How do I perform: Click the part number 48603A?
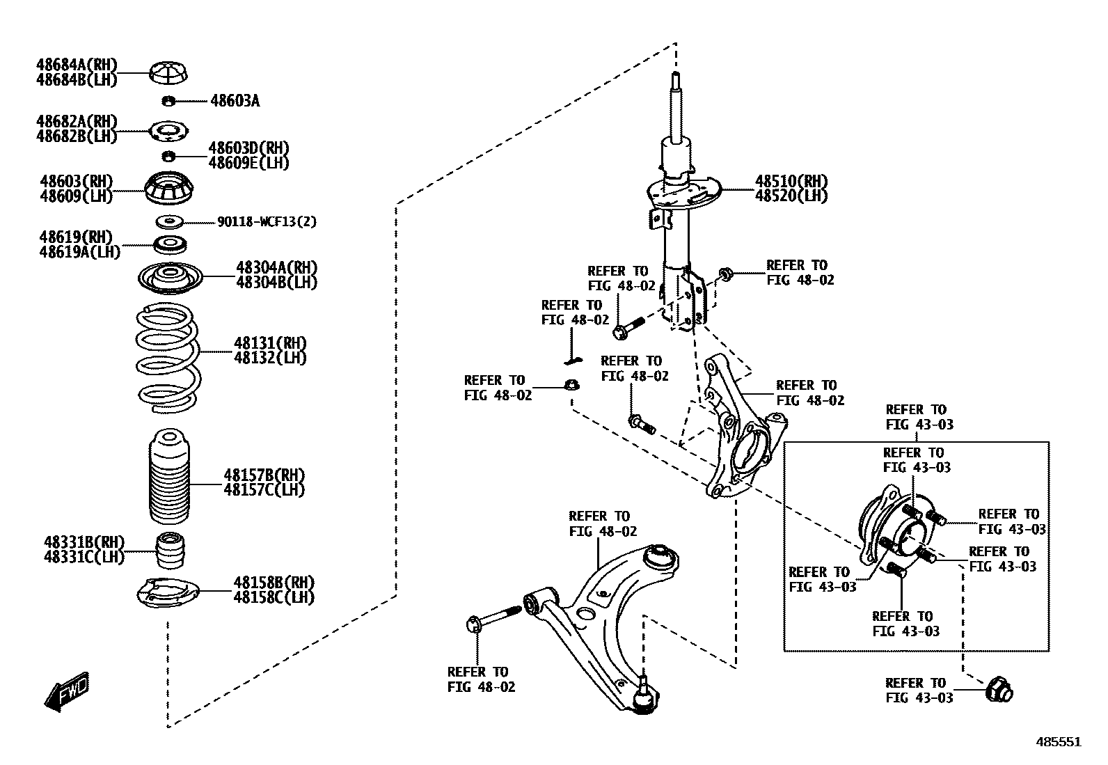235,102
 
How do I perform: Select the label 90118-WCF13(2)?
267,222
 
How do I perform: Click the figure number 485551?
1059,742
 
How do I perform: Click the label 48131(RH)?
270,343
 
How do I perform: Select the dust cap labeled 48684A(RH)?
169,72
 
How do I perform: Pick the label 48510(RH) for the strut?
791,182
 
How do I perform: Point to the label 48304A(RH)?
276,268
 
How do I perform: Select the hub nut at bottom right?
999,691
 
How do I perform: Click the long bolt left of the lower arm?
495,618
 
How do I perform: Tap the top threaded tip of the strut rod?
674,79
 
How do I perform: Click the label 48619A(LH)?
79,251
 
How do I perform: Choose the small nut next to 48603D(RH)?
168,155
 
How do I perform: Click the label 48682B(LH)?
77,136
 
